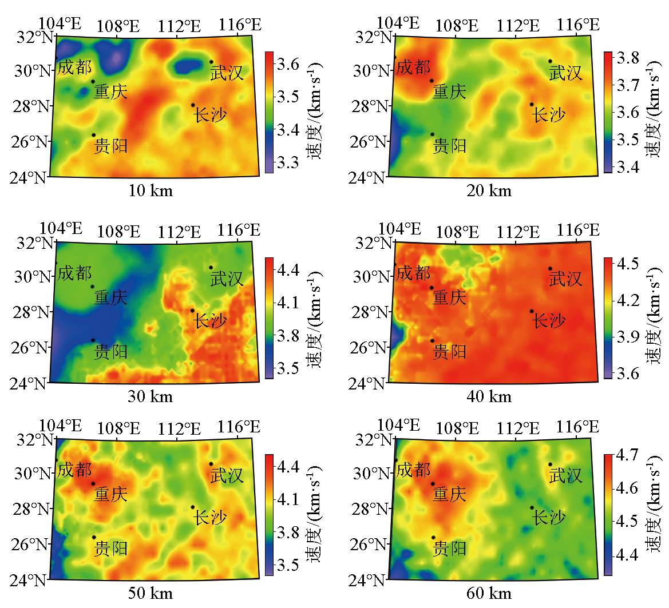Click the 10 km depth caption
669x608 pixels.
tap(151, 190)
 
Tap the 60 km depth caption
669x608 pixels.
tap(489, 593)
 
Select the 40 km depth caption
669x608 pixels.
tap(489, 396)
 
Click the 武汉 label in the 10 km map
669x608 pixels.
tap(227, 73)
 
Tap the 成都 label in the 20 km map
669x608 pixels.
tap(413, 67)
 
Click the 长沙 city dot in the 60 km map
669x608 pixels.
tap(532, 507)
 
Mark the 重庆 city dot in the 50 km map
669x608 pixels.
tap(93, 483)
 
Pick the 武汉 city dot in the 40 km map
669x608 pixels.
tap(550, 268)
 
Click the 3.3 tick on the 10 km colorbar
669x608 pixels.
tap(287, 163)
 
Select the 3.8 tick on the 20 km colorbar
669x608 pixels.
tap(628, 58)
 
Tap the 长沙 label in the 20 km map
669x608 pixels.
tap(549, 115)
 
